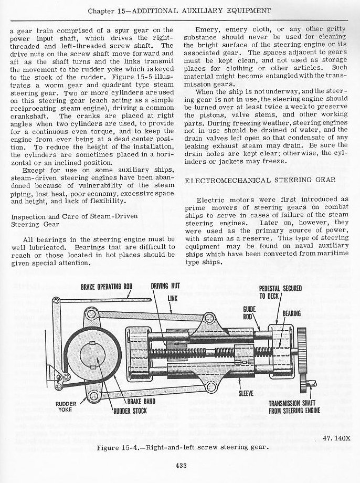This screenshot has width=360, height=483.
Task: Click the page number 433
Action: [180, 464]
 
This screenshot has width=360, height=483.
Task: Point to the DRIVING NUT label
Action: [165, 286]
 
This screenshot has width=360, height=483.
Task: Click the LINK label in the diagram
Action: [173, 298]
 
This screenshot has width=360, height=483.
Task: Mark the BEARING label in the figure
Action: [291, 313]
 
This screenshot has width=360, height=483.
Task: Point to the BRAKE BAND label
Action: [138, 400]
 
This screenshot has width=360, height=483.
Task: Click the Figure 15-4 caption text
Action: [179, 447]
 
